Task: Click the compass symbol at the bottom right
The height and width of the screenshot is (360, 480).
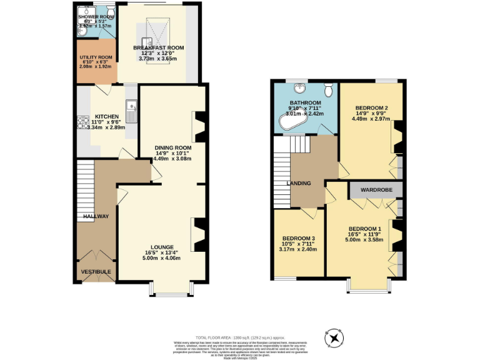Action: coord(335,338)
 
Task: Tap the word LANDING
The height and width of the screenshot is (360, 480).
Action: coord(299,183)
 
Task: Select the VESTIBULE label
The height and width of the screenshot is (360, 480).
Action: coord(96,271)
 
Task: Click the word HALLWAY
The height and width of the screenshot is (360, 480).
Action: coord(96,216)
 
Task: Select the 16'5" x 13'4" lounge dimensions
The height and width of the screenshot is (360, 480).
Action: coord(161,253)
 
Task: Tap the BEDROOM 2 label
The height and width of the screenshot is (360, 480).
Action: coord(371,107)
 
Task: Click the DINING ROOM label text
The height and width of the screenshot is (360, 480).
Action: coord(173,147)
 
